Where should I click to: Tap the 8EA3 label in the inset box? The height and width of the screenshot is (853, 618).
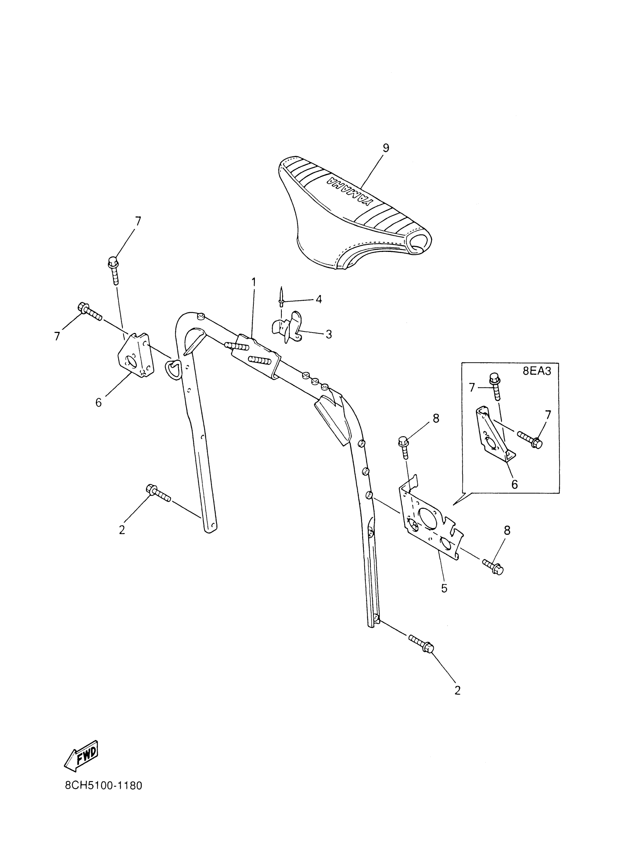click(537, 371)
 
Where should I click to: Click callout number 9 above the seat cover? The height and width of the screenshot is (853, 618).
click(386, 148)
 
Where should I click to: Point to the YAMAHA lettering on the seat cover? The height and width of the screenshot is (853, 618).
click(348, 192)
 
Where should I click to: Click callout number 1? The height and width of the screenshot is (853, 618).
click(253, 282)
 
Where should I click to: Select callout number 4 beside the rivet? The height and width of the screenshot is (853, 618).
click(318, 299)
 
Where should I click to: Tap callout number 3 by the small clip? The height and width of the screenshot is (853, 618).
click(328, 334)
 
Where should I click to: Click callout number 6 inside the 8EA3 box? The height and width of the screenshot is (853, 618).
click(514, 484)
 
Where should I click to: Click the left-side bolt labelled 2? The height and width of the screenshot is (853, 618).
click(158, 494)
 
